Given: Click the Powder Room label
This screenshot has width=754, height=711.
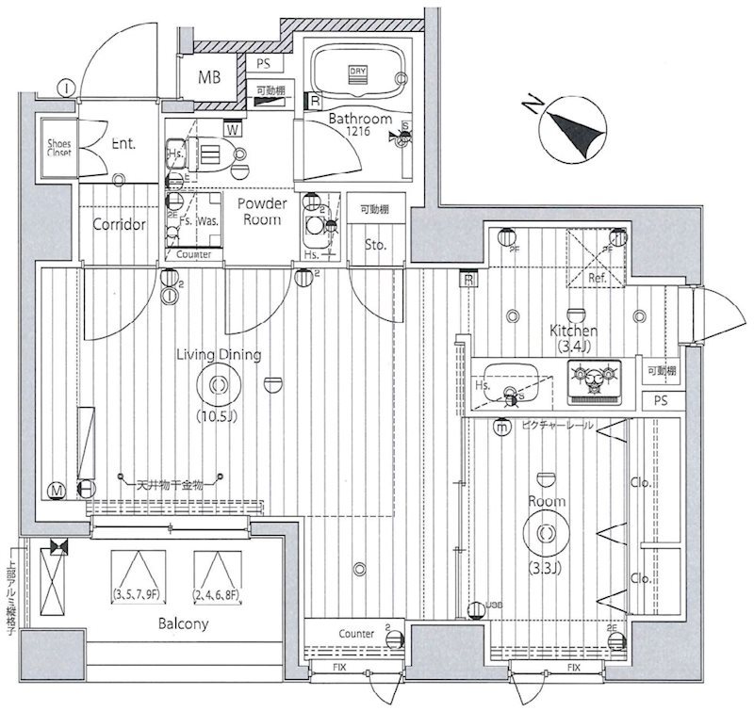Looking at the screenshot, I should coord(259,211).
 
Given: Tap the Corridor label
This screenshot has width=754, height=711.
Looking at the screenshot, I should coord(119,225).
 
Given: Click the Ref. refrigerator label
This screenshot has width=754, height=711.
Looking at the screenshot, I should coord(598,278).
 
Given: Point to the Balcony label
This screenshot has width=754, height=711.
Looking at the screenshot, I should coord(182,623).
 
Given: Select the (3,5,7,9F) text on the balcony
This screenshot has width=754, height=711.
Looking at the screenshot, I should coord(138,593).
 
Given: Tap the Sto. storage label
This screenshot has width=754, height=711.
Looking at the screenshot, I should coord(376,246).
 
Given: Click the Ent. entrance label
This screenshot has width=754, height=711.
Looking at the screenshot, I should coord(123,144).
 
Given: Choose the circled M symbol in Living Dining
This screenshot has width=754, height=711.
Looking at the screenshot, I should coord(58,489).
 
